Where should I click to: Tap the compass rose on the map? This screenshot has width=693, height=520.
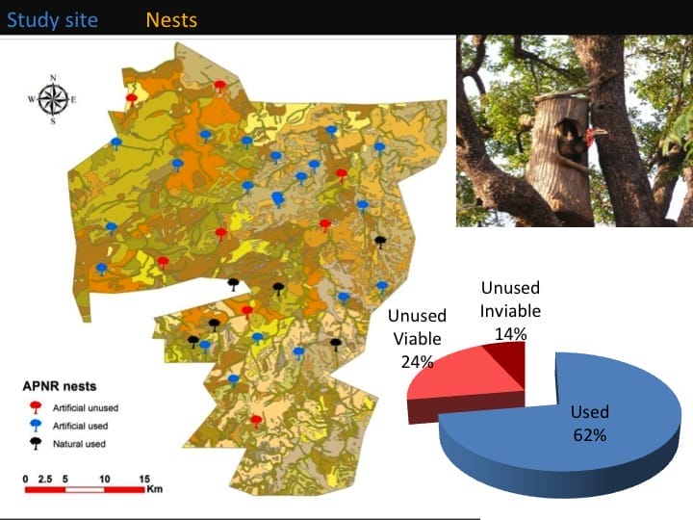pos(53,98)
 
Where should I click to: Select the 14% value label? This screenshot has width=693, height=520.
pos(510,333)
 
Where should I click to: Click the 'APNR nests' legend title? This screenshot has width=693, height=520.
pos(57,386)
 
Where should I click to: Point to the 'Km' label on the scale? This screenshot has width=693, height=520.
pos(155,489)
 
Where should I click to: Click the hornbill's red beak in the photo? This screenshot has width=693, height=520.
pos(598,132)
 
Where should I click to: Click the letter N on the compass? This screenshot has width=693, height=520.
pos(53,77)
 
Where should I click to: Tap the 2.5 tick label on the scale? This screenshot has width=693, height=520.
pos(45,478)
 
